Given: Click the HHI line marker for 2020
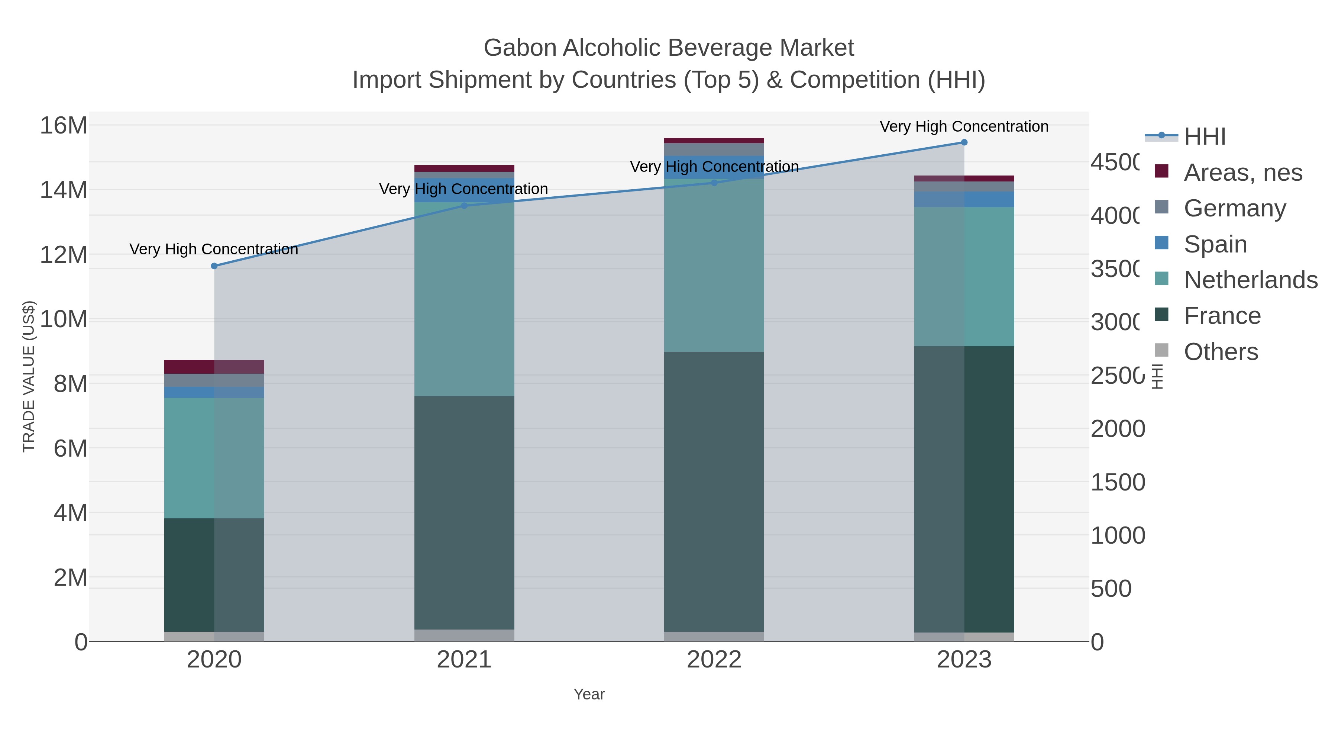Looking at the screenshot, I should point(214,266).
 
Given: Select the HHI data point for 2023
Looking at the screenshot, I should point(964,142).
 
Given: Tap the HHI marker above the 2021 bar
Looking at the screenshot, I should point(464,206).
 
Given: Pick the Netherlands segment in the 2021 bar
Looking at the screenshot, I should point(464,299).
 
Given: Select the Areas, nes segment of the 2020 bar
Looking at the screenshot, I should point(214,367).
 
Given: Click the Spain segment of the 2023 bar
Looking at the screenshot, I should point(964,199).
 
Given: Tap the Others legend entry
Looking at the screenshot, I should point(1221,352).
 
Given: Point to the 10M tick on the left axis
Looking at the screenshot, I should point(63,319).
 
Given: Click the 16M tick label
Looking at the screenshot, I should point(63,126).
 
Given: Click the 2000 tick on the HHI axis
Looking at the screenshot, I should point(1117,429).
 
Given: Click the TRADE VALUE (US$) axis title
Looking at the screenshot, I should point(29,376).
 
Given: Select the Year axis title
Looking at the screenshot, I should point(589,694).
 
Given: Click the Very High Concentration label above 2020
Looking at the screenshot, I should point(214,250).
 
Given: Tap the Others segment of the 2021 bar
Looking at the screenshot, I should point(464,635).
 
